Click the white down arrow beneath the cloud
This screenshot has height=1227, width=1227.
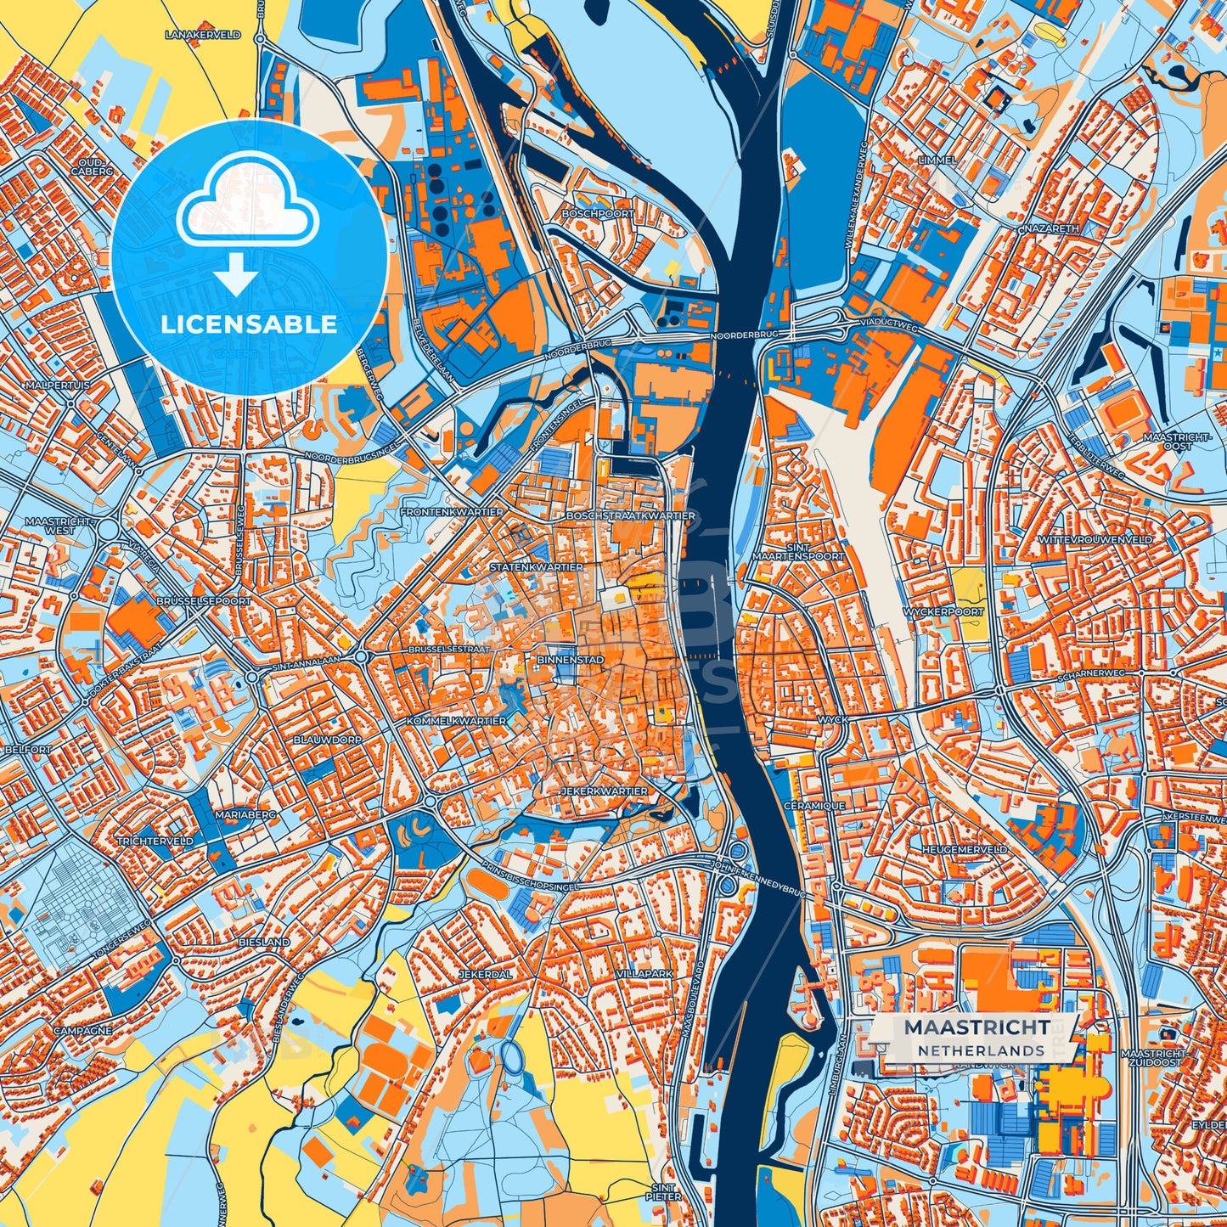(237, 275)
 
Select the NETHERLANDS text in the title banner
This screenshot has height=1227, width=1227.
(980, 1050)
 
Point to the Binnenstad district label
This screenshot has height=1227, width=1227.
(571, 659)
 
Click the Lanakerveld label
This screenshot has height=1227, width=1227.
(204, 35)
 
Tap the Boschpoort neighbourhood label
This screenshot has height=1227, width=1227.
(598, 214)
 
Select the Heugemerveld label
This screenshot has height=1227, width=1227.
(965, 849)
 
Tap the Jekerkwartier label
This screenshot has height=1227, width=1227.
(605, 791)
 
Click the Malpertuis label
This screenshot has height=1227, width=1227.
(57, 385)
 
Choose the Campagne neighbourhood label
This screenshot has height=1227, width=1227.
(82, 1031)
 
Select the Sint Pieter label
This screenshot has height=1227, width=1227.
(664, 1192)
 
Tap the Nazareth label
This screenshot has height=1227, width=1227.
(1051, 228)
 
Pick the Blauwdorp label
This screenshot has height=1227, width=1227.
(328, 740)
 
